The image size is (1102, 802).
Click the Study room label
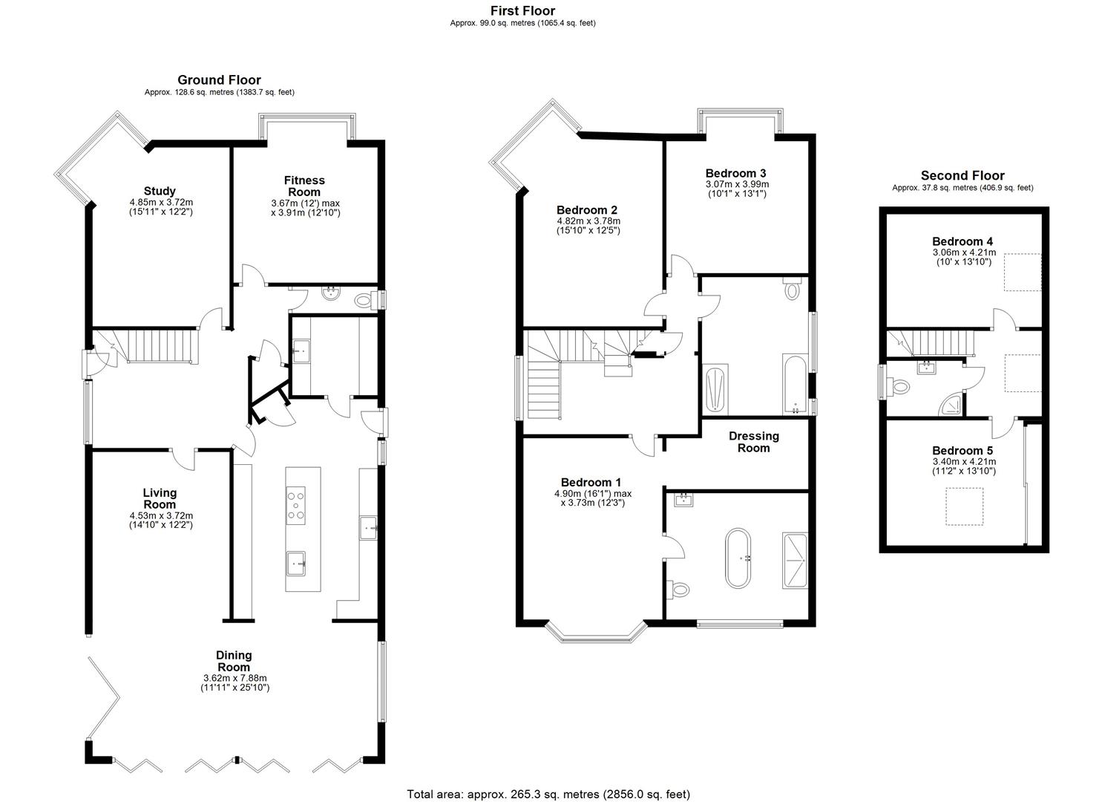click(x=160, y=191)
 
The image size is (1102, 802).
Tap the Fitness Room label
click(x=304, y=186)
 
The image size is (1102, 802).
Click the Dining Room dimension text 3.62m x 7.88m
click(x=234, y=678)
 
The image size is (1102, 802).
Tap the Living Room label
click(x=160, y=498)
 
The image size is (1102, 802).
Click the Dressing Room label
click(x=753, y=442)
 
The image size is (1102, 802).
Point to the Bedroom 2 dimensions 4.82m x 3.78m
click(x=588, y=221)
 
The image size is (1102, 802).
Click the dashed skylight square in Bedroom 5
click(x=964, y=506)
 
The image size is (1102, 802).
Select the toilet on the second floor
click(x=900, y=386)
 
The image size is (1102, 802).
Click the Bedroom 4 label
click(x=962, y=241)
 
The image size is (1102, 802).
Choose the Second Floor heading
click(x=962, y=175)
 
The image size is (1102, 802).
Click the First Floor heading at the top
click(x=522, y=10)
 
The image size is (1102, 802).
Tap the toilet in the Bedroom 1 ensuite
click(x=679, y=590)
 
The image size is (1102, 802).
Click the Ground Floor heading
click(x=219, y=79)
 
